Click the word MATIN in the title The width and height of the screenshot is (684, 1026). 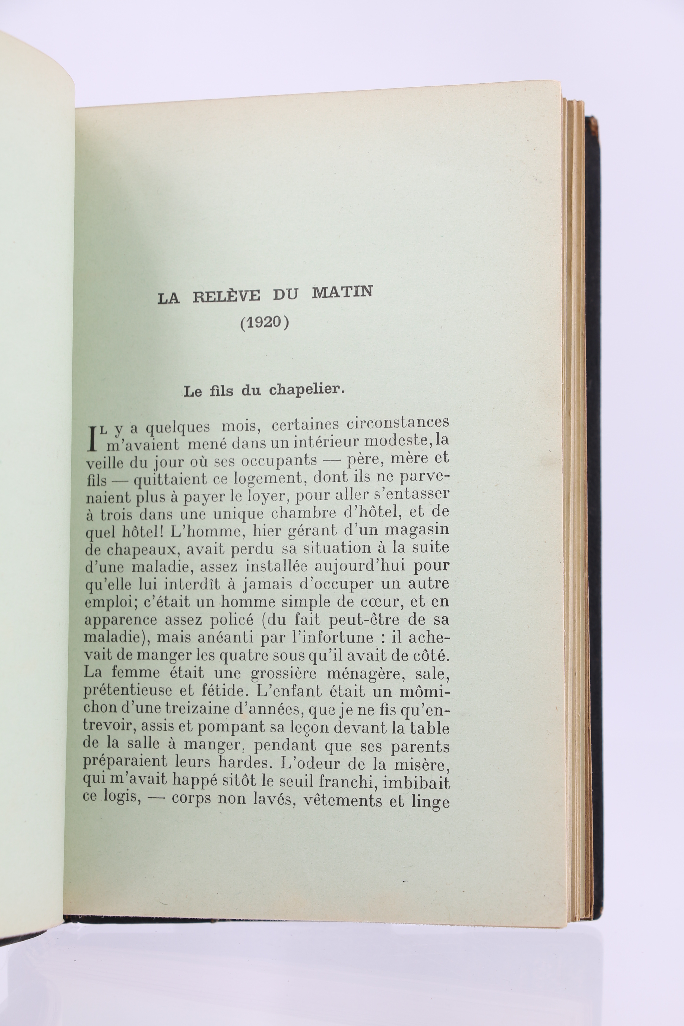tap(342, 292)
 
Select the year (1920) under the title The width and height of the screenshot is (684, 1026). tap(265, 324)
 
